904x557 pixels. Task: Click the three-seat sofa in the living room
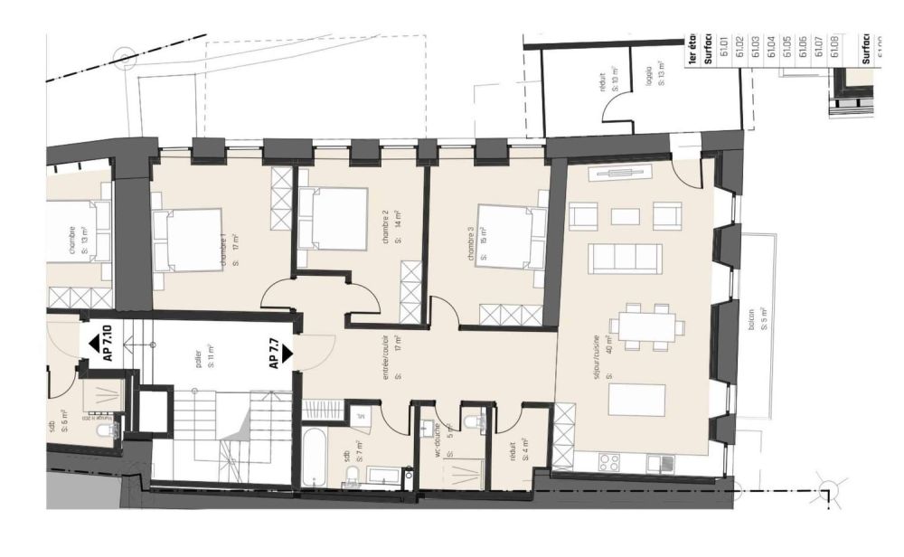625,258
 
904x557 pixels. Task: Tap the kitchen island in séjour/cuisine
637,399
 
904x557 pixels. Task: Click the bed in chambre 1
190,240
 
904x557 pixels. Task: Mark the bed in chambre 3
511,234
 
